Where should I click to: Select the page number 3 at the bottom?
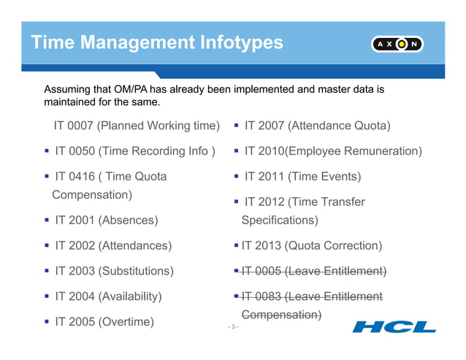click(233, 326)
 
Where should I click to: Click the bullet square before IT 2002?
click(46, 245)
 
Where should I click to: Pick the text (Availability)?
click(130, 296)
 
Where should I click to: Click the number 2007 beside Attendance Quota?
click(271, 126)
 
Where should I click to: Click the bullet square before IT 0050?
click(46, 151)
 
